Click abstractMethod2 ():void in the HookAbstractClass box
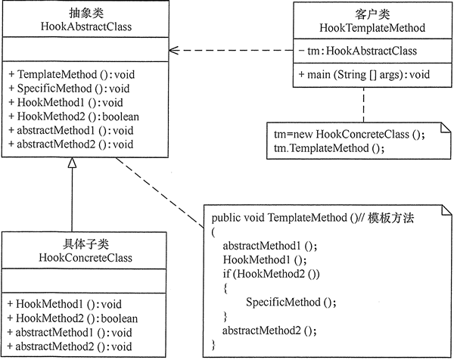coord(70,143)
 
